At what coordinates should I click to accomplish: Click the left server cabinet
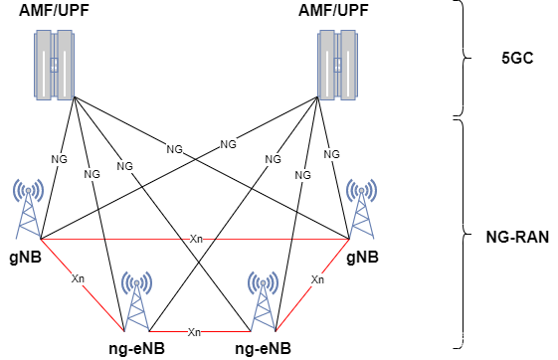click(55, 65)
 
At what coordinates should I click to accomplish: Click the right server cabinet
click(338, 65)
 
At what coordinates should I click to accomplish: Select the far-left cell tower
click(28, 209)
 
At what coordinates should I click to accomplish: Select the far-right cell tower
click(361, 209)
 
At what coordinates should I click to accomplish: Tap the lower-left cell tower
click(136, 300)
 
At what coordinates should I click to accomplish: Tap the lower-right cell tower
click(263, 300)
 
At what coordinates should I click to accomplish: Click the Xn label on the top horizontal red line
click(196, 239)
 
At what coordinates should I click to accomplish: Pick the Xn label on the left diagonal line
click(78, 278)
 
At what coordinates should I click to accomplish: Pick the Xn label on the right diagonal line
click(317, 279)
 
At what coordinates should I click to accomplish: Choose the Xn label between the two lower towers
click(194, 332)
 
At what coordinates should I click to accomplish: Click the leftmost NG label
click(59, 159)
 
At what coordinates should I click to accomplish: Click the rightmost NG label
click(331, 154)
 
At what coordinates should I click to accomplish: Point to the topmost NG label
click(228, 144)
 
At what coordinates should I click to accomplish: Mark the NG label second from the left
click(92, 174)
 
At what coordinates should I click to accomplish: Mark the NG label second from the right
click(302, 175)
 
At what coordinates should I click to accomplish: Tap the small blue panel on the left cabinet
click(55, 65)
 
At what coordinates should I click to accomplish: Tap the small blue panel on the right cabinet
click(337, 65)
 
